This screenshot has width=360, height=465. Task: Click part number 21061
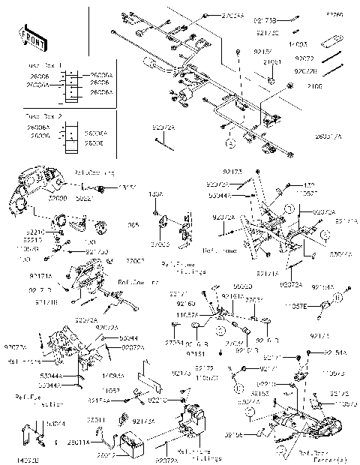(271, 61)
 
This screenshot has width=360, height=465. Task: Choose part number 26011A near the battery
(98, 443)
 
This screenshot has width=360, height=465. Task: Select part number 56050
(242, 286)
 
